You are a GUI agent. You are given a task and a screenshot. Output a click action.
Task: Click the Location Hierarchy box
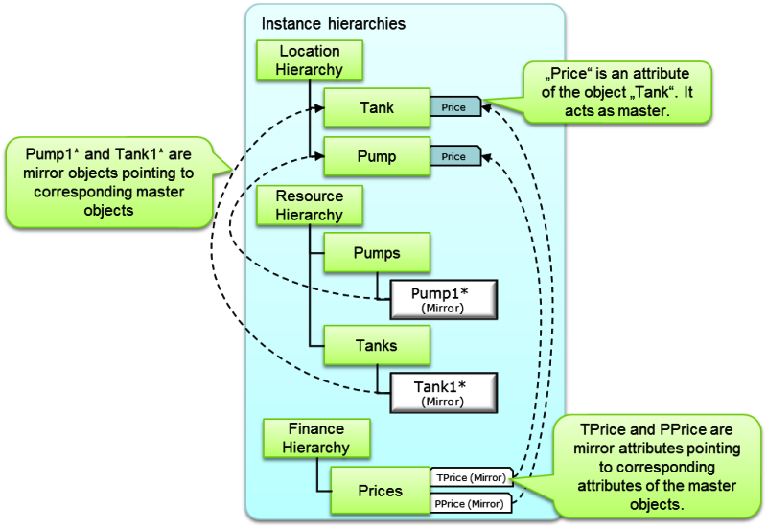coord(310,59)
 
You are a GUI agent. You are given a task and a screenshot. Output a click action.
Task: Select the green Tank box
coord(375,107)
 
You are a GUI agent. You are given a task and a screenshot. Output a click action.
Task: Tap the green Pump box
coord(375,156)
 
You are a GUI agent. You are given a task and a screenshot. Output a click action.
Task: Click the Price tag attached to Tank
coord(454,107)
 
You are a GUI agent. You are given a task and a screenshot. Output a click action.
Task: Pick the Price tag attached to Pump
coord(454,156)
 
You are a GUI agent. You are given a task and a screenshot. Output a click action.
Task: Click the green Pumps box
coord(375,254)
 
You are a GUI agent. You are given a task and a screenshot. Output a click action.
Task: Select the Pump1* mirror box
coord(442,296)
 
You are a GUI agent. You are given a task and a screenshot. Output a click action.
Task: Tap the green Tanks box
coord(375,346)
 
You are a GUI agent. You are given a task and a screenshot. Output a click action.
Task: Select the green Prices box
coord(380,491)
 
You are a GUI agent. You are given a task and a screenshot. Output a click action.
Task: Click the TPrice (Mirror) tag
coord(471,476)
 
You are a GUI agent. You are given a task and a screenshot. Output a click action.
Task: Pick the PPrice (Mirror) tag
coord(471,503)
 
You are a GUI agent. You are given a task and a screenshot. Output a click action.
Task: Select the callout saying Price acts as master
coord(616,92)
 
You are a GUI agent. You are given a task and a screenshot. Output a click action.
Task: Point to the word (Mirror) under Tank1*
coord(442,402)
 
